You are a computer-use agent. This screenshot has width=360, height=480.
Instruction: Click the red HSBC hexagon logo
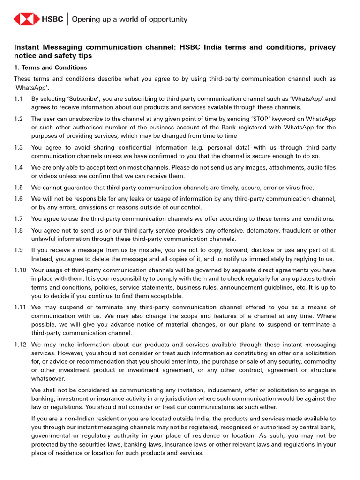coord(26,19)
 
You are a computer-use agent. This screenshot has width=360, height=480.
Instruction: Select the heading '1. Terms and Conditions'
coord(51,67)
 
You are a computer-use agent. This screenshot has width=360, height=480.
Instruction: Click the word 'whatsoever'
coord(48,378)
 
